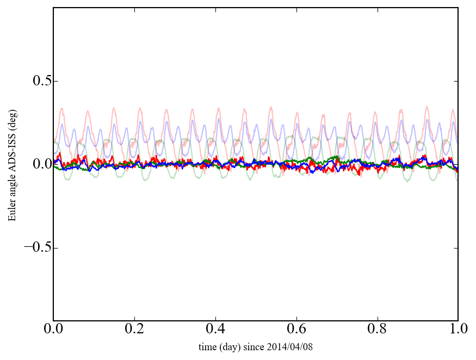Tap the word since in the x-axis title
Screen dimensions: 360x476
[x=256, y=347]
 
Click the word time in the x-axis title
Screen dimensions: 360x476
[x=208, y=347]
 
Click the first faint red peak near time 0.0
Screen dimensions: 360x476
[x=62, y=109]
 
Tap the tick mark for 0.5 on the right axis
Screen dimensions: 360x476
[x=456, y=81]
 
